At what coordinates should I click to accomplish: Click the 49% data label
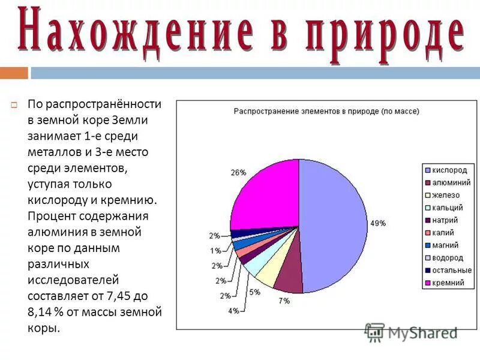(x=377, y=223)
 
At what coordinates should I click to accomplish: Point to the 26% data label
(x=238, y=172)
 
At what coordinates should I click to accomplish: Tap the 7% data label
(x=283, y=300)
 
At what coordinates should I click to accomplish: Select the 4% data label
(x=233, y=310)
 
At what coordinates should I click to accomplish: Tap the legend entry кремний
(x=448, y=283)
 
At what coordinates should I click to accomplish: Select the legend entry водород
(x=448, y=257)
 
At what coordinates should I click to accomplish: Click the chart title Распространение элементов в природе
(x=326, y=111)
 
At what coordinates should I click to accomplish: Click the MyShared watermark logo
(x=411, y=332)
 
